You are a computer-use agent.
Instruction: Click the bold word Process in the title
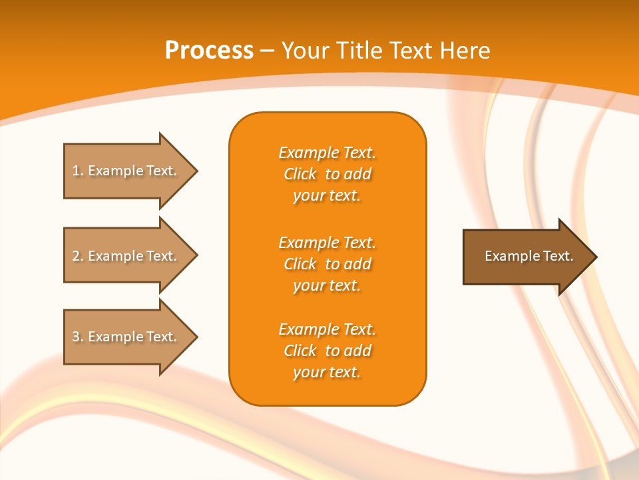coord(209,51)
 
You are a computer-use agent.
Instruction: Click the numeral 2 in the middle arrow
coord(76,256)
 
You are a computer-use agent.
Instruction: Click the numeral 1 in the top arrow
coord(76,171)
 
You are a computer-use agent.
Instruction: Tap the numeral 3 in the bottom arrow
coord(76,337)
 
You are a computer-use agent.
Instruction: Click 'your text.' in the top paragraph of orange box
coord(327,196)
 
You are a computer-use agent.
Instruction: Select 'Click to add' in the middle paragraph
coord(327,264)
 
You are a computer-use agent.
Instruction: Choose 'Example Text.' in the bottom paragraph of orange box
coord(327,329)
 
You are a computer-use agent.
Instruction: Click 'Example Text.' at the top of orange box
coord(327,153)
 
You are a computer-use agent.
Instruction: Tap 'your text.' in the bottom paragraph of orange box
coord(327,372)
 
